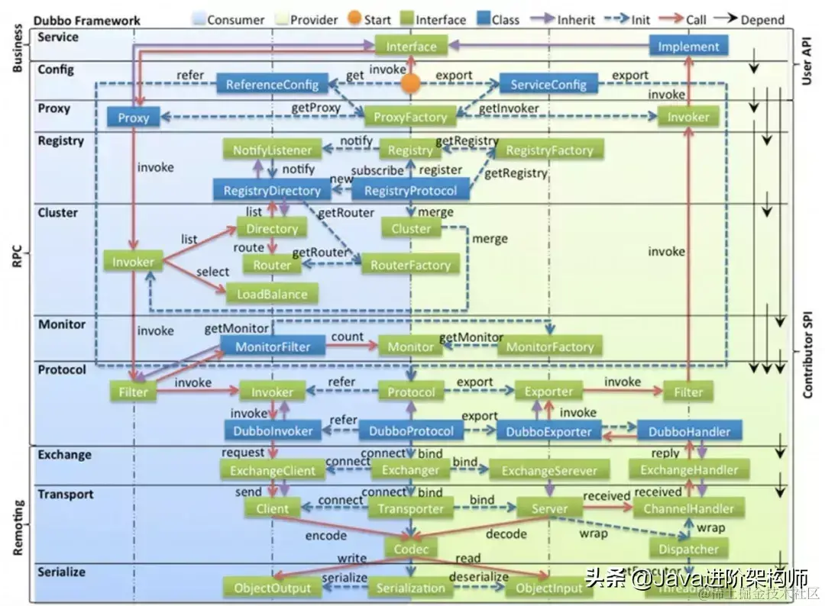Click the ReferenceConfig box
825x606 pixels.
(x=272, y=84)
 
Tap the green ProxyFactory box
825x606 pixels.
(x=410, y=118)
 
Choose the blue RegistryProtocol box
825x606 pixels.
(x=410, y=191)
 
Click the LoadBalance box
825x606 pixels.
(x=273, y=295)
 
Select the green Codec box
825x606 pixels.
(x=411, y=549)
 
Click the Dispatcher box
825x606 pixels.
(x=688, y=549)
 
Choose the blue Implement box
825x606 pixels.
(x=688, y=47)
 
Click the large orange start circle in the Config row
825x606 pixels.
(x=412, y=84)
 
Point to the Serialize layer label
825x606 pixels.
(x=62, y=572)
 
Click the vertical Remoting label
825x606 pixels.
(x=18, y=527)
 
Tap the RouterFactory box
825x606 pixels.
(x=410, y=265)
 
